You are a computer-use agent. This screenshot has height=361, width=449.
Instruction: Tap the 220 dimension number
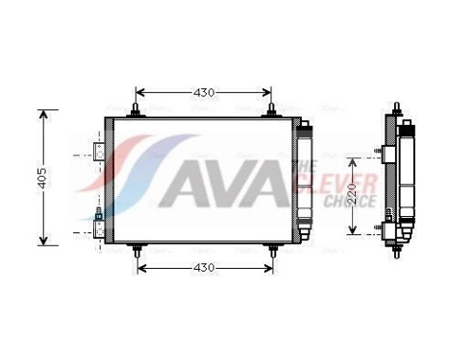353,191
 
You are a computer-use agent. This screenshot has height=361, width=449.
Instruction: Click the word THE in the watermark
300,165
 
